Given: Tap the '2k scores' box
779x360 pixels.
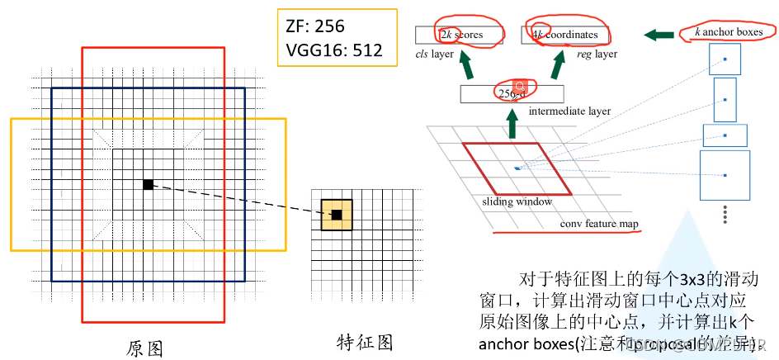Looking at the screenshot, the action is click(460, 35).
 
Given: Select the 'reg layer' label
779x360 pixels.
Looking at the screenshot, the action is click(596, 54).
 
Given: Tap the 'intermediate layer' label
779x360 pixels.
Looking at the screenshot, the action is click(569, 111).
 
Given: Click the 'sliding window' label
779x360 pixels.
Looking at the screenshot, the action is click(517, 201).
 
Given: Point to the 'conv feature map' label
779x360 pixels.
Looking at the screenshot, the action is click(599, 224).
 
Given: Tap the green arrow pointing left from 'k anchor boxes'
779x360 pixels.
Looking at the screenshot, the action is click(659, 35).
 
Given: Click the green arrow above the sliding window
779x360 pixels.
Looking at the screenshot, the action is click(512, 126).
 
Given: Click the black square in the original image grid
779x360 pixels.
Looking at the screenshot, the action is click(149, 184).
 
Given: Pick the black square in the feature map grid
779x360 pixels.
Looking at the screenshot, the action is click(337, 215).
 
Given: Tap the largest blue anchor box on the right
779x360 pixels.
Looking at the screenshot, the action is click(725, 175).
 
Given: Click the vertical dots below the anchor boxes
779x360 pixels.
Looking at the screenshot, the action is click(725, 214).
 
